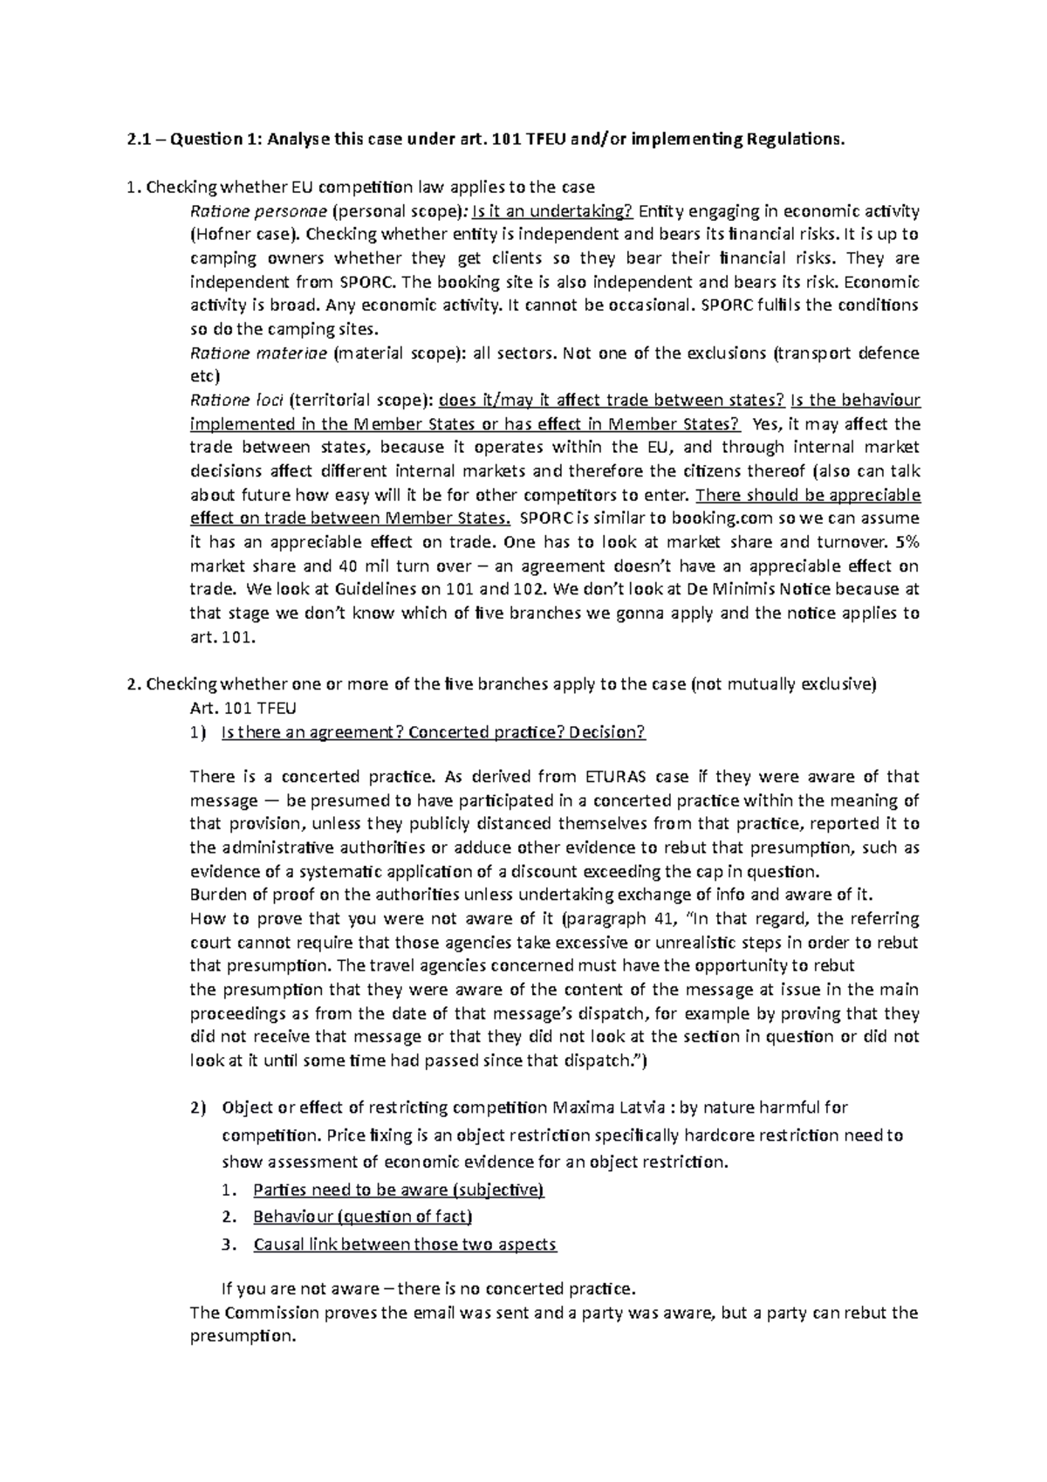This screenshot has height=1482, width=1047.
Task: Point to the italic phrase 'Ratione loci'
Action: coord(236,401)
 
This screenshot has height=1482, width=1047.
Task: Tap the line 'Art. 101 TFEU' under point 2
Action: coord(236,708)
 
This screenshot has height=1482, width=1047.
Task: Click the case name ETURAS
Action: coord(618,777)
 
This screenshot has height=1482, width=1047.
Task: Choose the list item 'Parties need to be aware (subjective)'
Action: coord(398,1190)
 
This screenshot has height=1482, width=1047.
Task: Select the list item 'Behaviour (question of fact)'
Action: coord(362,1217)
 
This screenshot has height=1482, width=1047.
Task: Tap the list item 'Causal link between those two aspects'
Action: coord(404,1245)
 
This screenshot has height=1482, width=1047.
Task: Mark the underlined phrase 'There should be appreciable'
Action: coord(810,495)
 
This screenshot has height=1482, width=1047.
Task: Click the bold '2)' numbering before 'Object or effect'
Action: coord(198,1108)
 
